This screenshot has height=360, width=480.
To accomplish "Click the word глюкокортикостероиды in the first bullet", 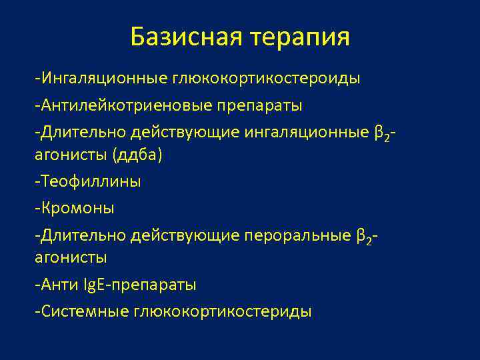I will point(267,79).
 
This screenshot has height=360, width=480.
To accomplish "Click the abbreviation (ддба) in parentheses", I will point(138,155).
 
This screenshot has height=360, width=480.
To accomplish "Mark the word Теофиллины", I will point(90,181).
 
